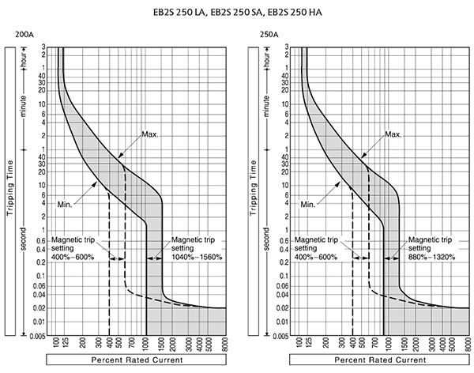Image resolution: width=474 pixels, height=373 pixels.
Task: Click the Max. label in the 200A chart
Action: pyautogui.click(x=150, y=134)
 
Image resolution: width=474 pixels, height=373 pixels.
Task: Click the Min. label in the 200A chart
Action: pyautogui.click(x=67, y=204)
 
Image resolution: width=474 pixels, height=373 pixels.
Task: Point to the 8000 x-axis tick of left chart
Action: pyautogui.click(x=226, y=345)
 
